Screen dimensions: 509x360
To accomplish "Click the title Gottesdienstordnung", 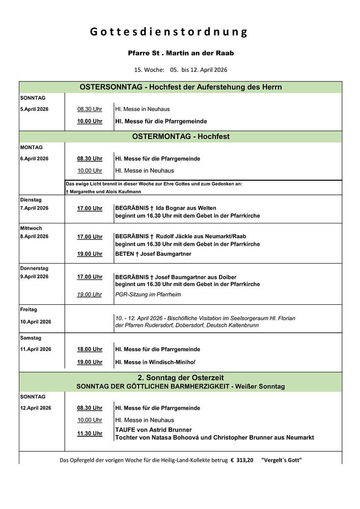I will (169, 32).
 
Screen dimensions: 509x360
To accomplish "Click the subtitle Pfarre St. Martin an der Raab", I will (181, 53).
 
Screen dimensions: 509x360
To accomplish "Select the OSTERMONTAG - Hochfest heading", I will (181, 136).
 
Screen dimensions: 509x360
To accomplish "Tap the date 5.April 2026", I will (34, 109).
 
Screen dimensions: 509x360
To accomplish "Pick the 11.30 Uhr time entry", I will (90, 434).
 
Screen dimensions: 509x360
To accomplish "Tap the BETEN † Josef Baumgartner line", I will (153, 254).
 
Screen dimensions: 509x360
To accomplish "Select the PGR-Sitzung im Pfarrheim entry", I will (148, 295).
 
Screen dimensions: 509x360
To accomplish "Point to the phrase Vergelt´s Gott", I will (281, 460).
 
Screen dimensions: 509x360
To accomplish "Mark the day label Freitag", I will (29, 309).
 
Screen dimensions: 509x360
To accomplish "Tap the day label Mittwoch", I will (31, 229).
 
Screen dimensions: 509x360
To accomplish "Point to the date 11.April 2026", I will (36, 350).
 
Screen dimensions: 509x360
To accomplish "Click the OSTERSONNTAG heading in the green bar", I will (111, 87).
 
